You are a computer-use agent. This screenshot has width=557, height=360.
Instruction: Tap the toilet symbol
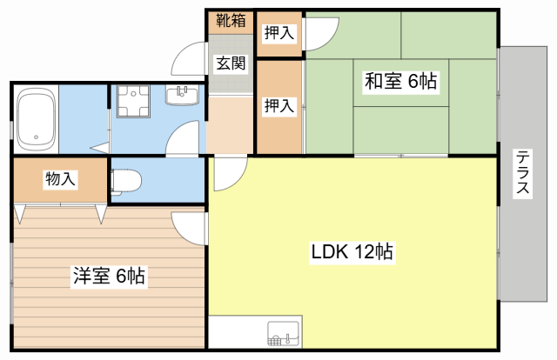point(127,180)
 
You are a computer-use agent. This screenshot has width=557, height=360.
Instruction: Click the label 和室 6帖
point(400,83)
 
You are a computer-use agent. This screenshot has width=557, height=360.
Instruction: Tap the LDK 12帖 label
point(352,253)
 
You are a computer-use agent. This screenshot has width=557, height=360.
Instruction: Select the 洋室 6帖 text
point(108,277)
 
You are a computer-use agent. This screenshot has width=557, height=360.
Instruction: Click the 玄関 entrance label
point(231,63)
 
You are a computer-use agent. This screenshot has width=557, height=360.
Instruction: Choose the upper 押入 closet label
point(278,33)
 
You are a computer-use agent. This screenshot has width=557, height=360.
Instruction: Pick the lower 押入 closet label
point(278,106)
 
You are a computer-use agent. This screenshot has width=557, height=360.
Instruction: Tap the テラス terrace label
point(523,173)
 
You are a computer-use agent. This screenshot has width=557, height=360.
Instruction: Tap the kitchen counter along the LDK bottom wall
point(252,332)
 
